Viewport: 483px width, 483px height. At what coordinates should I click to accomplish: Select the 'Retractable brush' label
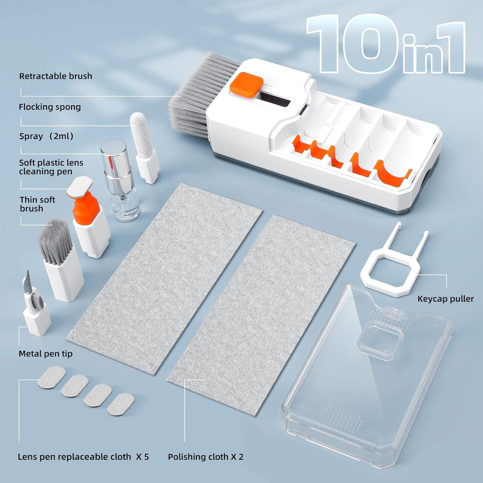click(56, 76)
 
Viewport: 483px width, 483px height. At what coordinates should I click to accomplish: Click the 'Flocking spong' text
click(50, 107)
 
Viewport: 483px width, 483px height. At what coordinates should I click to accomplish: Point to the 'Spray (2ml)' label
click(46, 136)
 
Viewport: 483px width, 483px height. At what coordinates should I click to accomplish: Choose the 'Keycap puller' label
click(445, 299)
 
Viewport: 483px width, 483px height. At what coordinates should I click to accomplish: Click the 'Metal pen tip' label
click(45, 354)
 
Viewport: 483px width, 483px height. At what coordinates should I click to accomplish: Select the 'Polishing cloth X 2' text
click(205, 457)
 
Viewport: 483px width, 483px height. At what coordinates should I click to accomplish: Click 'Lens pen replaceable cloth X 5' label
click(83, 457)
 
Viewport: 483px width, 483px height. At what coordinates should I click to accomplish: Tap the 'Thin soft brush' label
click(37, 204)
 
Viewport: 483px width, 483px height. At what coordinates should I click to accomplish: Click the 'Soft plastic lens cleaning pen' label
click(51, 167)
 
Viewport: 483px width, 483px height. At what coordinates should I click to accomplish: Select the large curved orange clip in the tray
click(393, 174)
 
